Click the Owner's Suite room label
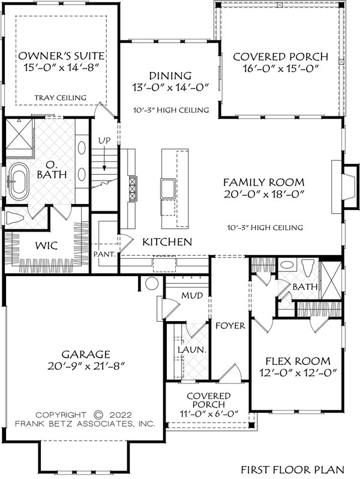coord(61,56)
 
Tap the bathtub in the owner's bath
coord(18,182)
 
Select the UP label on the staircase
coord(104,141)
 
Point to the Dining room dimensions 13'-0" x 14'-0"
coord(170,88)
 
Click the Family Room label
coord(264,182)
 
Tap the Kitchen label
coord(167,242)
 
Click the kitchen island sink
coord(167,188)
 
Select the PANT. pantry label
coord(105,254)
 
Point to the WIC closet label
coord(46,246)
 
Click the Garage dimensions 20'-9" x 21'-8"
coord(87,366)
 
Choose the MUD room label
coord(192,295)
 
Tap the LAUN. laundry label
coord(193,350)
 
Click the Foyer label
coord(230,326)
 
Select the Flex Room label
coord(298,361)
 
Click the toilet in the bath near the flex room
coord(307,267)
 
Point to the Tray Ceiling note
coord(61,98)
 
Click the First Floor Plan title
coord(293,469)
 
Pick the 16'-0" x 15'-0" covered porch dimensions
coord(281,68)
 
